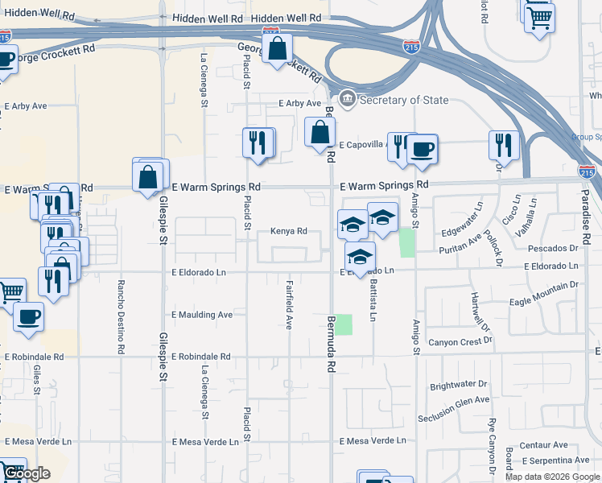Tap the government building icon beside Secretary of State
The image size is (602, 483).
coord(348,100)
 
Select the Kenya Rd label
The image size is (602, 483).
coord(289,232)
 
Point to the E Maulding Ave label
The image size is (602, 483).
coord(202,314)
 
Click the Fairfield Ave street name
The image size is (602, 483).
coord(289,305)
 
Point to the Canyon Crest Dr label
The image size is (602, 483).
coord(460,341)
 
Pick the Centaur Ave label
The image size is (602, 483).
coord(544,444)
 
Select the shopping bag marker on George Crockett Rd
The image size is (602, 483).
coord(277,48)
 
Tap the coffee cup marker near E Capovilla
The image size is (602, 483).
coord(422,149)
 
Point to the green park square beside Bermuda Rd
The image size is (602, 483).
coord(344,324)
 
